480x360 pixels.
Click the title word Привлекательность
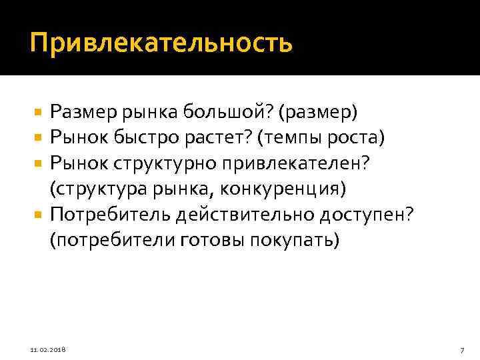(x=161, y=43)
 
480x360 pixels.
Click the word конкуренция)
(x=289, y=189)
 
